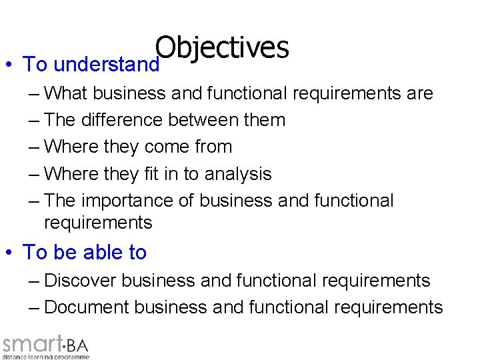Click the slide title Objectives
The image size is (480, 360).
tap(222, 48)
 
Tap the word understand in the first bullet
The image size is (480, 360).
tap(107, 65)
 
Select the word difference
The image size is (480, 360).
tap(121, 120)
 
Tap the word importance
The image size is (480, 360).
tap(137, 201)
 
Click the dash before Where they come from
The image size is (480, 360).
tap(34, 147)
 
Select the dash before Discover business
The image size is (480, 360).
tap(34, 281)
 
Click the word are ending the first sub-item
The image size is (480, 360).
tap(419, 93)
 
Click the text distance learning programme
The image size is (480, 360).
tap(45, 357)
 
